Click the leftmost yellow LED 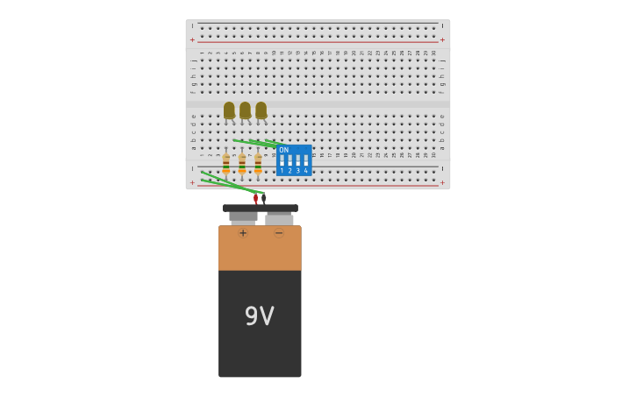point(229,110)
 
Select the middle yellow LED point(245,110)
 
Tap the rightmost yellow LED point(261,110)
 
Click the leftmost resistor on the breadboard point(226,164)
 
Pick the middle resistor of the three point(242,164)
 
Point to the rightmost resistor point(258,164)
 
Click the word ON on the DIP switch point(283,150)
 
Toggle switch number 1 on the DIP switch point(282,161)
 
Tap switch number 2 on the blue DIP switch point(289,161)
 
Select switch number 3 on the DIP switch point(297,161)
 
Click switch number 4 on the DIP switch point(305,161)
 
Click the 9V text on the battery point(260,316)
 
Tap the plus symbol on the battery point(243,233)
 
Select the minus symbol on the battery point(279,233)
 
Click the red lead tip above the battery point(255,199)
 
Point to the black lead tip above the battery point(263,199)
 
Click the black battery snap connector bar point(260,209)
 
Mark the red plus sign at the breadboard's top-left point(193,40)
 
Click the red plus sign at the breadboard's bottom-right point(442,183)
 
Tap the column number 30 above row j point(433,53)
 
